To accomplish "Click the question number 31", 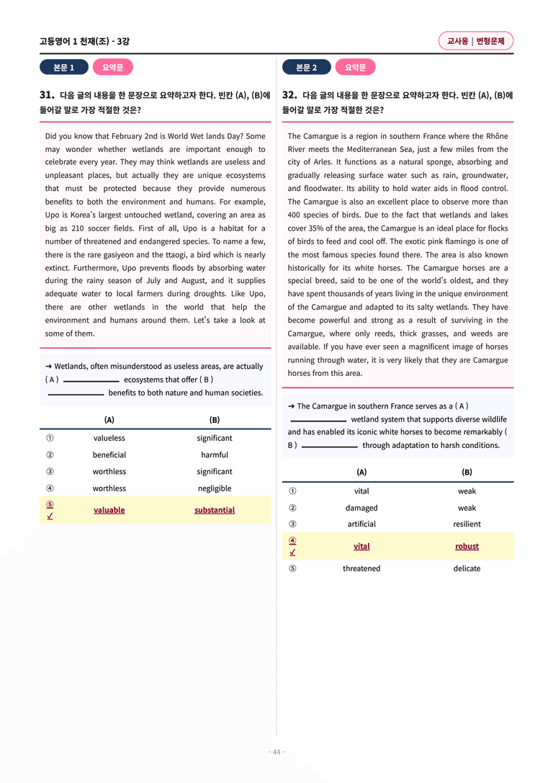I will coord(47,95).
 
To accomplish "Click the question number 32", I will coord(289,95).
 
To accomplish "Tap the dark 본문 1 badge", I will coord(63,68).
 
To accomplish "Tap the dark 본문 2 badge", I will coord(306,68).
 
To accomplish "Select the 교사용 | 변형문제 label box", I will coord(475,41).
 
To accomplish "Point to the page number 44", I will coord(276,752).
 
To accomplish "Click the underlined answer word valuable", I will coord(109,510).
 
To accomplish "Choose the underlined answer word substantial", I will coord(215,510).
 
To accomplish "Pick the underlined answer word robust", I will coord(467,546).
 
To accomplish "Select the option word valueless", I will coord(109,438).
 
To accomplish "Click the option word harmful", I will coord(215,455).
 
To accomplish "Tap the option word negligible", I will coord(215,488).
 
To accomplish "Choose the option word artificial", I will coord(361,524).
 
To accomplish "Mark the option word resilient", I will coord(467,524).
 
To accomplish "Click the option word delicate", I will coord(467,568).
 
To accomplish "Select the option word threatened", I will coord(361,568).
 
